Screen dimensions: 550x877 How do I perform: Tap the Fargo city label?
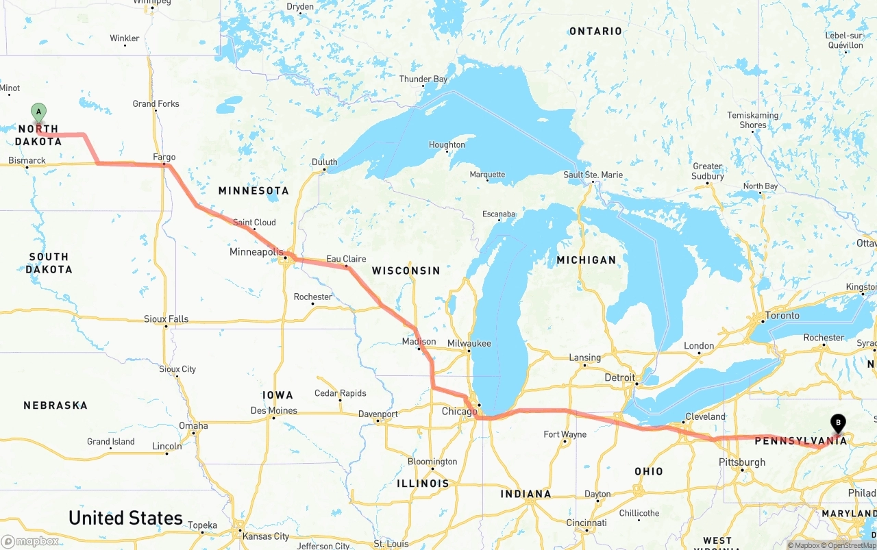point(164,158)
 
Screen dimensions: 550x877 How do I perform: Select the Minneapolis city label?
point(256,252)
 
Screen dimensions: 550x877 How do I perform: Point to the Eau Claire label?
point(346,259)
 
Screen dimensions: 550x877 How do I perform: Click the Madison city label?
point(419,341)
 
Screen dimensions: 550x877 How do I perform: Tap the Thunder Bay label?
point(423,79)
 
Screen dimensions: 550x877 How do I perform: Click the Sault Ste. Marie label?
point(593,175)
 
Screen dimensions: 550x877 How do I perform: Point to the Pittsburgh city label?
point(742,462)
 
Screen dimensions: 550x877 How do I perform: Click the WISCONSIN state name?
point(406,271)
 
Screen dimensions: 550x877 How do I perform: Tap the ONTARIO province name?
point(595,31)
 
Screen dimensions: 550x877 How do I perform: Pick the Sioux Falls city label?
point(166,319)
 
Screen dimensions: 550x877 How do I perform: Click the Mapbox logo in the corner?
point(31,541)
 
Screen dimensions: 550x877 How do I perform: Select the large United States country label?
point(125,518)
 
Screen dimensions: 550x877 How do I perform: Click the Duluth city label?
point(324,162)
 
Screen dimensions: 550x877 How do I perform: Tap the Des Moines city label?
point(274,410)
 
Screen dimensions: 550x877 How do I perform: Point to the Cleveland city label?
point(705,416)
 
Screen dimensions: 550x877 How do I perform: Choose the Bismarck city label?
point(27,161)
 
